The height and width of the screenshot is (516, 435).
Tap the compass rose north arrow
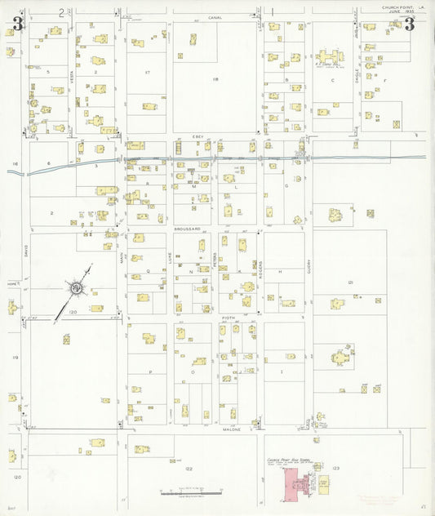(75, 287)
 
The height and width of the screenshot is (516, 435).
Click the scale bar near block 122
(189, 492)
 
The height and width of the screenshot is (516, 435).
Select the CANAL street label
(215, 17)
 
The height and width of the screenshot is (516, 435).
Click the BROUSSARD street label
(187, 229)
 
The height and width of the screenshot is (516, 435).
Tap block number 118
(215, 78)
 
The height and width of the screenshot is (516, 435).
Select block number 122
(189, 468)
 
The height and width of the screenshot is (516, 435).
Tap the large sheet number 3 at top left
(16, 24)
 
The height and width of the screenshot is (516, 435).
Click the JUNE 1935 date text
(399, 12)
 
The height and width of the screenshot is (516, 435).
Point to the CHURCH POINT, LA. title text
(402, 7)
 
